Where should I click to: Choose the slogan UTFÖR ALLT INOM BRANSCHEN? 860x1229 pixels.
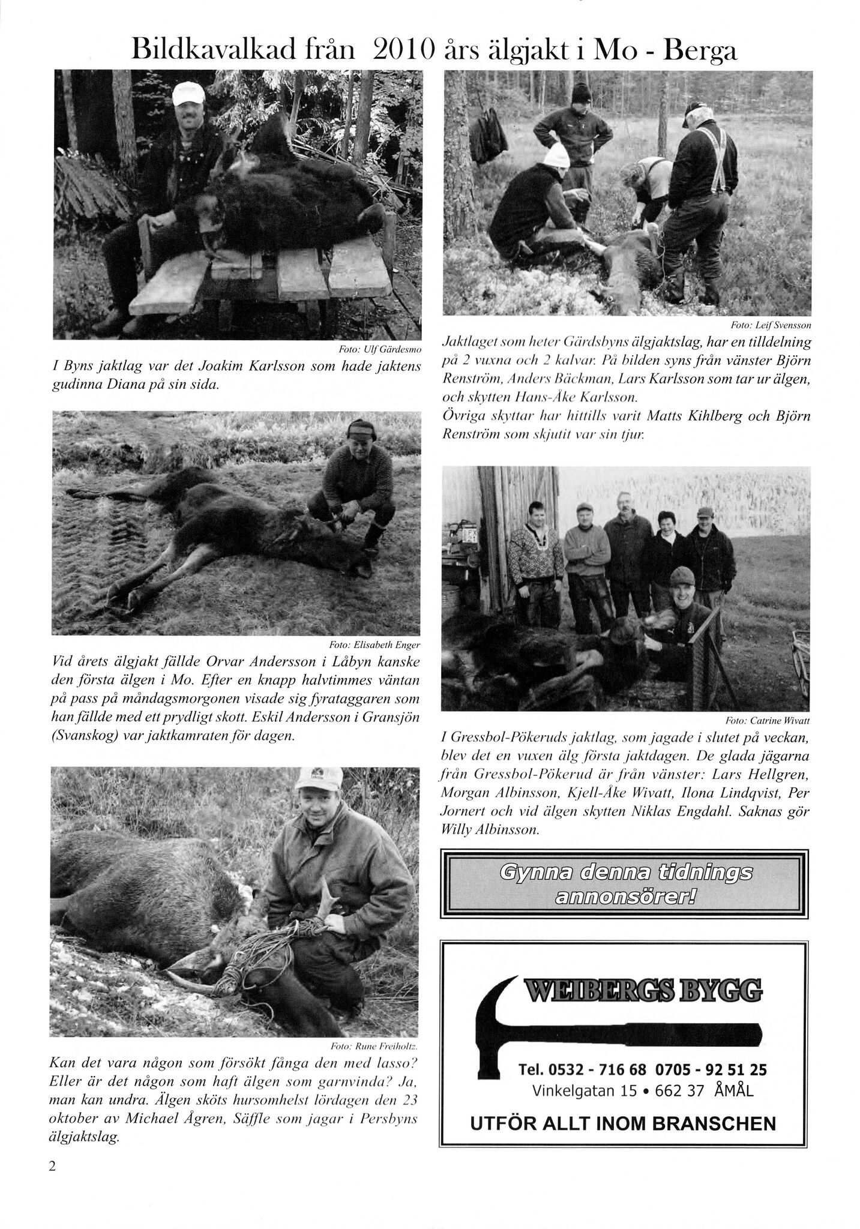tap(623, 1123)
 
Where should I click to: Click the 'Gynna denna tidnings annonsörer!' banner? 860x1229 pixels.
tap(621, 883)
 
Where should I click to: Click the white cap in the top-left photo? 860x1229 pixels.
tap(188, 92)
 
